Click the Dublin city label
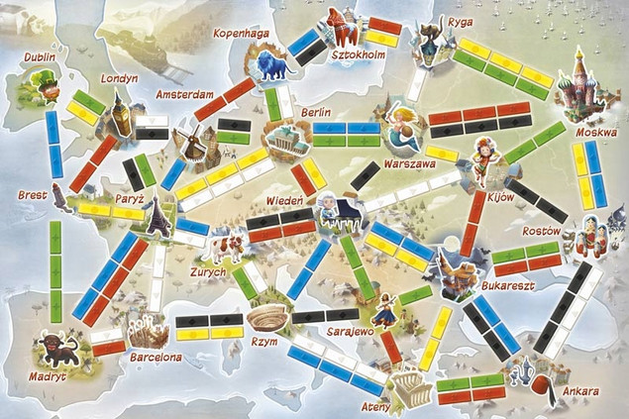(41, 58)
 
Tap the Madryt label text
(47, 377)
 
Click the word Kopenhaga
(242, 33)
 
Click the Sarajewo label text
(351, 331)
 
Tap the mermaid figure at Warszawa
(399, 124)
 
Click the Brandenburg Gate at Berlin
(284, 139)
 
